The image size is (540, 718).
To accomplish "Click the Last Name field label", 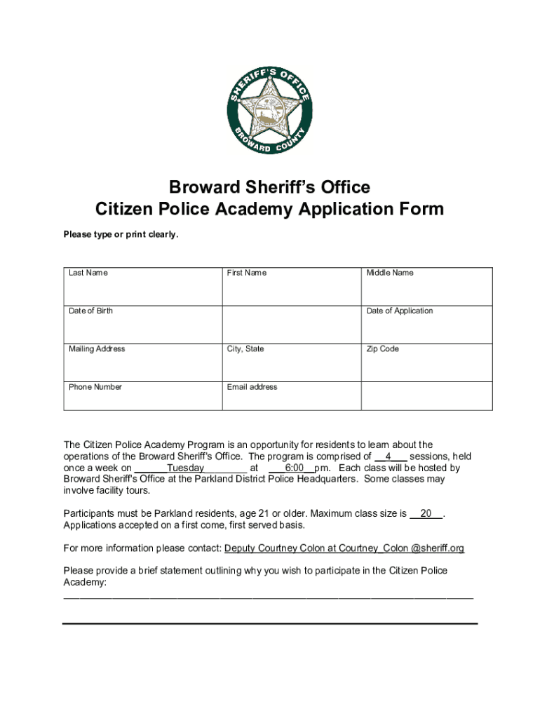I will click(88, 273).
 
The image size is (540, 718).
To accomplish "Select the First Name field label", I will click(246, 273).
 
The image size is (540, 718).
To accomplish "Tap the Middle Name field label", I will click(390, 273).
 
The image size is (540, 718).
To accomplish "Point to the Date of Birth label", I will click(90, 311).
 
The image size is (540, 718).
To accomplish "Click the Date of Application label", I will click(400, 311).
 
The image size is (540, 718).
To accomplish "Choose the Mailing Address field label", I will click(97, 348).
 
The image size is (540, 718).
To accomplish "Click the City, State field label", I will click(245, 348).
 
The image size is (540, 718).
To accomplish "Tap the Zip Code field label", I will click(382, 348).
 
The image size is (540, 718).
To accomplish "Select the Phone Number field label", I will click(95, 387).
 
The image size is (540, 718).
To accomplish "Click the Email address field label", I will click(252, 387).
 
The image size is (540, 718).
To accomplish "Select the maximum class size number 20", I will click(426, 514).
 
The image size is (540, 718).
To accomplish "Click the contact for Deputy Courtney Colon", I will click(344, 548).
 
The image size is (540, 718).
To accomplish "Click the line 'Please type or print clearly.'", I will click(121, 235).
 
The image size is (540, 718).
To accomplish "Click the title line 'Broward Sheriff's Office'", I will click(269, 188).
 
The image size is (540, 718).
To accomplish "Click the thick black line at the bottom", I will click(269, 623).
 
